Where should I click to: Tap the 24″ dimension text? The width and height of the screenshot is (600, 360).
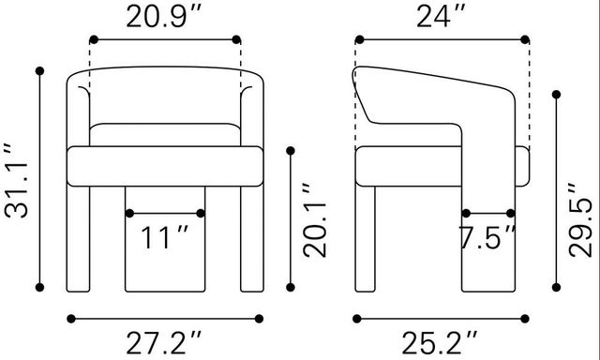tap(441, 18)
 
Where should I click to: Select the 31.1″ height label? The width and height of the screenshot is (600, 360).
tap(17, 181)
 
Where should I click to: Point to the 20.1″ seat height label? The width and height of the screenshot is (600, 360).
tap(315, 219)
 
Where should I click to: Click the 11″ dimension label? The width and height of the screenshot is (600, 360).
tap(165, 237)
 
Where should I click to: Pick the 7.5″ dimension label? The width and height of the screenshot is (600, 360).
tap(487, 237)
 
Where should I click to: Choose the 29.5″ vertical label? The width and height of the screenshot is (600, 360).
tap(580, 220)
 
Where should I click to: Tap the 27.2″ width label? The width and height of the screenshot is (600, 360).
tap(164, 343)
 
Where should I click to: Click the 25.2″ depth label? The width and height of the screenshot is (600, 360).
tap(440, 343)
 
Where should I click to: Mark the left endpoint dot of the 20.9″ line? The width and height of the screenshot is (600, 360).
tap(94, 39)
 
